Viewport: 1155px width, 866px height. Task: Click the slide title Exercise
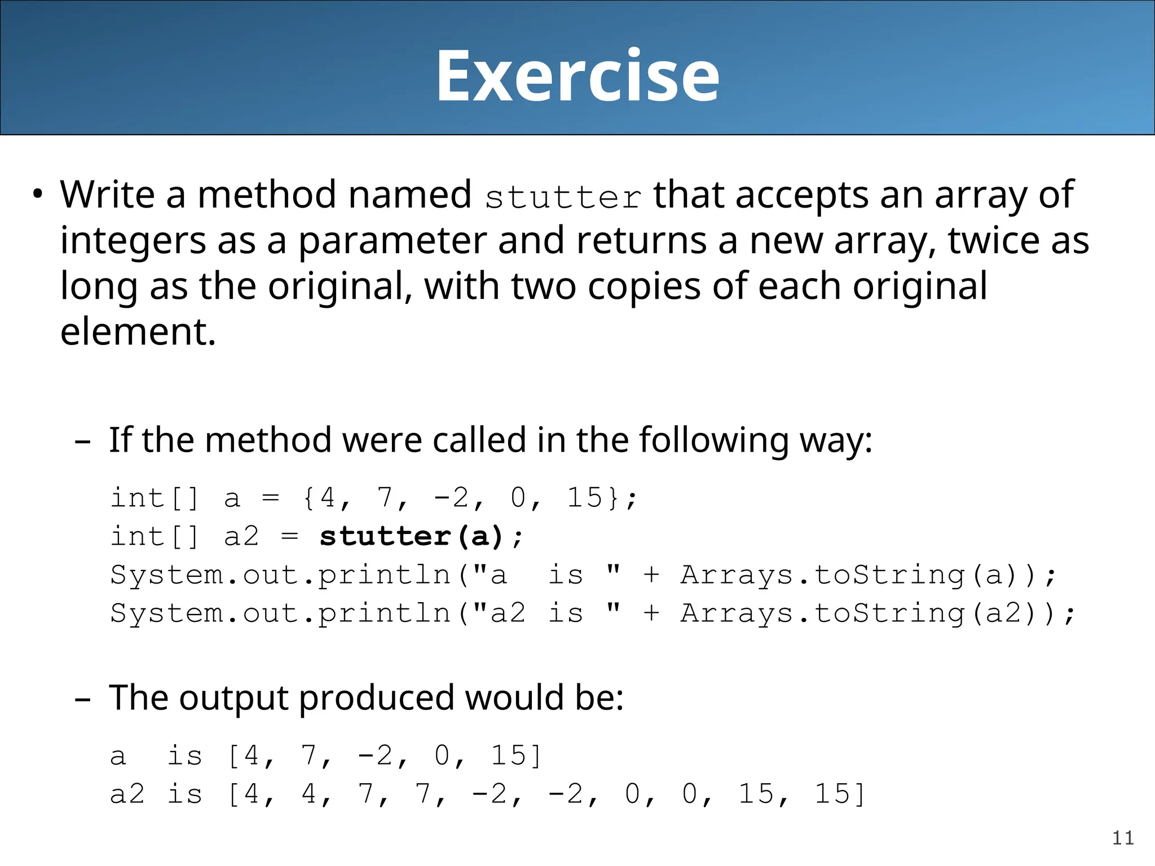point(577,76)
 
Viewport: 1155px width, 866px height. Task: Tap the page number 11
point(1123,838)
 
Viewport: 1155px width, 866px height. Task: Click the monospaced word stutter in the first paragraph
point(563,197)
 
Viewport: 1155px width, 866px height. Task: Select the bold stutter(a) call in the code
point(411,536)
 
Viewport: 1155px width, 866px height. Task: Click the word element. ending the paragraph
point(138,332)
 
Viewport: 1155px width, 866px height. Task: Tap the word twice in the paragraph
point(993,241)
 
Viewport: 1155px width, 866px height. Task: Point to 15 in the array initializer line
point(584,498)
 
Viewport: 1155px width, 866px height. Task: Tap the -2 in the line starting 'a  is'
point(376,755)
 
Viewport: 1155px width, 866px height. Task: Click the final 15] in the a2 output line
point(839,794)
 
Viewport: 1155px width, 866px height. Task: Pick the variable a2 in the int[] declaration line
point(241,536)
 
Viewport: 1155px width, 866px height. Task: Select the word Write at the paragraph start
point(107,195)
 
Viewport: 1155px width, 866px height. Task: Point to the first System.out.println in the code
point(280,575)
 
